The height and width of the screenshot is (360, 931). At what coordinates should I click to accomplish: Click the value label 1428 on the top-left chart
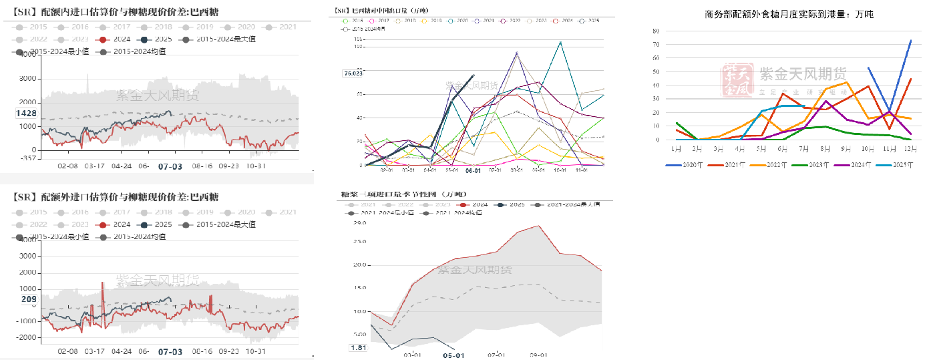(26, 114)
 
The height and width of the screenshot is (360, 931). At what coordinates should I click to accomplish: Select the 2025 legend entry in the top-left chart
(158, 39)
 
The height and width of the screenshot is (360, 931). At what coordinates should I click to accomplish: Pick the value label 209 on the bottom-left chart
(29, 299)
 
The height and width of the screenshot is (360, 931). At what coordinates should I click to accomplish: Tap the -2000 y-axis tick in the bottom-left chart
(26, 337)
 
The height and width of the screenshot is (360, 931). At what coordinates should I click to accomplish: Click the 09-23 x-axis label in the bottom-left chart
(229, 351)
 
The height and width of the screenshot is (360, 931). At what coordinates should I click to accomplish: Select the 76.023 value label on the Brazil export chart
(353, 74)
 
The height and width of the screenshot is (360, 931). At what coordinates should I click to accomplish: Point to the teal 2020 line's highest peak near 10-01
(560, 42)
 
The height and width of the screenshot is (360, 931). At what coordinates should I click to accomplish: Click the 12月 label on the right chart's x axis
(910, 148)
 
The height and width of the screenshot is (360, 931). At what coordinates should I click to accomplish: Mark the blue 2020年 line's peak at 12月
(910, 40)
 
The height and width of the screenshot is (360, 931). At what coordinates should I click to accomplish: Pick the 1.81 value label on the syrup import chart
(359, 348)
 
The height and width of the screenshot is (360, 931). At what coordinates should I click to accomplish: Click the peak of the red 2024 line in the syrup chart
(539, 226)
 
